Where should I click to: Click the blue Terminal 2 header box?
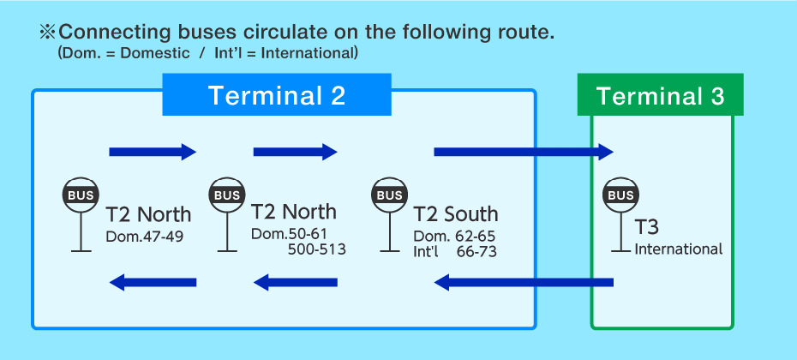276,95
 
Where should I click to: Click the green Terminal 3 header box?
660,95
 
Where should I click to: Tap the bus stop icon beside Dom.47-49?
81,195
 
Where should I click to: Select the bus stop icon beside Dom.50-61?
227,195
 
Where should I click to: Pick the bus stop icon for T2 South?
390,195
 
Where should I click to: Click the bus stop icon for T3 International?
620,195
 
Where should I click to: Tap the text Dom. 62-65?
454,236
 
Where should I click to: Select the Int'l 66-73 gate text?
454,251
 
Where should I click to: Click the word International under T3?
679,249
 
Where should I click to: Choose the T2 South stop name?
455,214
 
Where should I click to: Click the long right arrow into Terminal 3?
524,153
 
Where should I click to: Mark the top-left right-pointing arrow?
153,153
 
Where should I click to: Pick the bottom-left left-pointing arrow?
153,282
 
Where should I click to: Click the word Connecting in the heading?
111,33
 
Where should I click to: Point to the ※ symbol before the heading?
46,33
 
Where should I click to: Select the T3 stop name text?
647,228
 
